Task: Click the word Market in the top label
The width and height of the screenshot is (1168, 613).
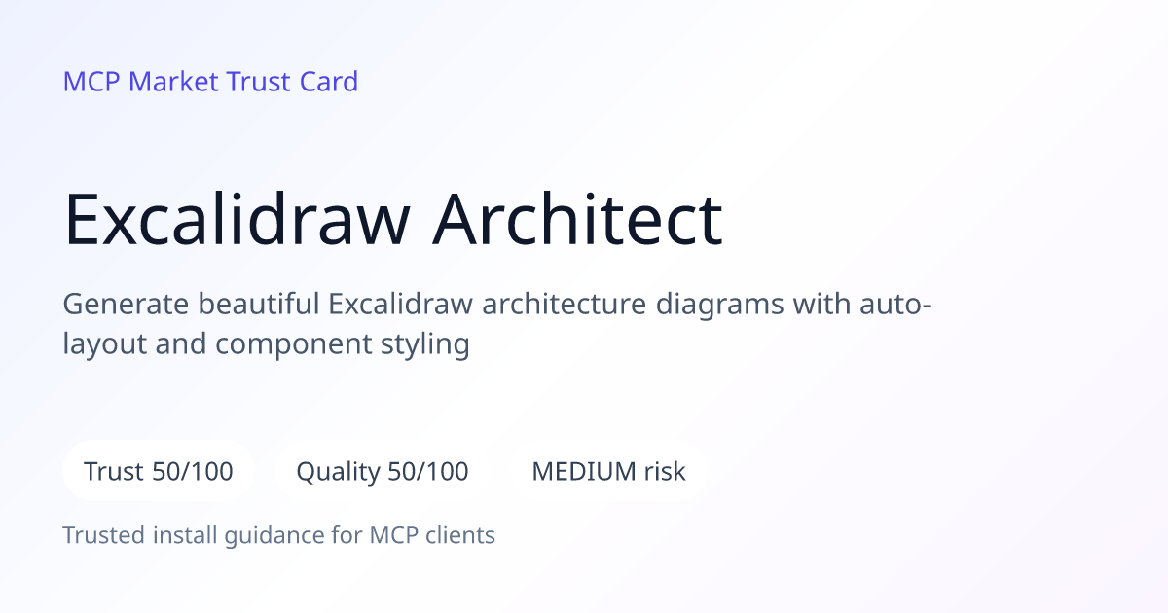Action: click(173, 82)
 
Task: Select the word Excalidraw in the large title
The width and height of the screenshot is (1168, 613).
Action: click(237, 218)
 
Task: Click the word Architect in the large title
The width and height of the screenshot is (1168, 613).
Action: click(577, 218)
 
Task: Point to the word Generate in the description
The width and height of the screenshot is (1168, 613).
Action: click(126, 304)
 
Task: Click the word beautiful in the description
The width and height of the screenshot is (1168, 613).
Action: click(259, 304)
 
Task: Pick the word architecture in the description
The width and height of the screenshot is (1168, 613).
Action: click(565, 304)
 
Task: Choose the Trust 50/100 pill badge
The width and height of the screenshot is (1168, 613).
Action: click(159, 471)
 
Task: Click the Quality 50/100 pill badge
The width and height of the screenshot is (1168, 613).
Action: click(383, 471)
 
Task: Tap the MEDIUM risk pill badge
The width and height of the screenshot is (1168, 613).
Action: click(608, 471)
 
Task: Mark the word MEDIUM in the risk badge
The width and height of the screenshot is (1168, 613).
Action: click(583, 471)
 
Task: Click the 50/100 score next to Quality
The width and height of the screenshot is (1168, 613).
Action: click(428, 471)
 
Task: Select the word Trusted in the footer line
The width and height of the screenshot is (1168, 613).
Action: click(104, 535)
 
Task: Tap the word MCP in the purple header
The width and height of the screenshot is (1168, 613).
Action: click(91, 82)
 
